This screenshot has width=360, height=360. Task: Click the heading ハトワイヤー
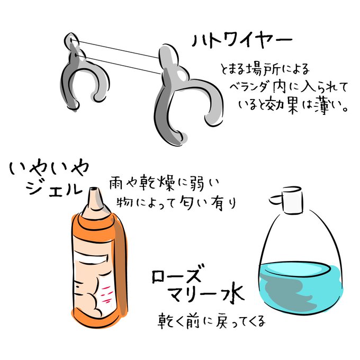[x=242, y=41]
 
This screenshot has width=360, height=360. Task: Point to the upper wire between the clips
[x=115, y=49]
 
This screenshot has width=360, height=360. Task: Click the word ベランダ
[x=249, y=87]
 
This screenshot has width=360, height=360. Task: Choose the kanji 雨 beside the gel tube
[x=117, y=183]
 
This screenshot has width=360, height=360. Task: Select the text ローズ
[x=176, y=274]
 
